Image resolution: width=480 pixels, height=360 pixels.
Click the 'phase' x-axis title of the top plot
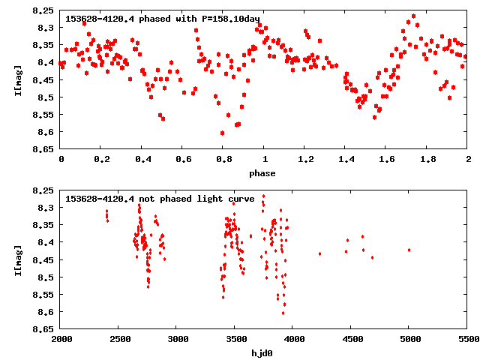point(263,173)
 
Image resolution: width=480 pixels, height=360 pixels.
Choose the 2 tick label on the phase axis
point(467,159)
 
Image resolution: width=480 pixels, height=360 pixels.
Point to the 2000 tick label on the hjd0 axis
point(61,339)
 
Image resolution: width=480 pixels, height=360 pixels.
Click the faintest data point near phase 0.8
point(222,133)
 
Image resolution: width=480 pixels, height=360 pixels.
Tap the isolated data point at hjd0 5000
point(409,250)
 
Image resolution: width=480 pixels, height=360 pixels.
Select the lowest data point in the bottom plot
point(283,313)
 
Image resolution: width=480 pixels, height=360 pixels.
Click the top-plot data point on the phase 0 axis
point(61,63)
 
